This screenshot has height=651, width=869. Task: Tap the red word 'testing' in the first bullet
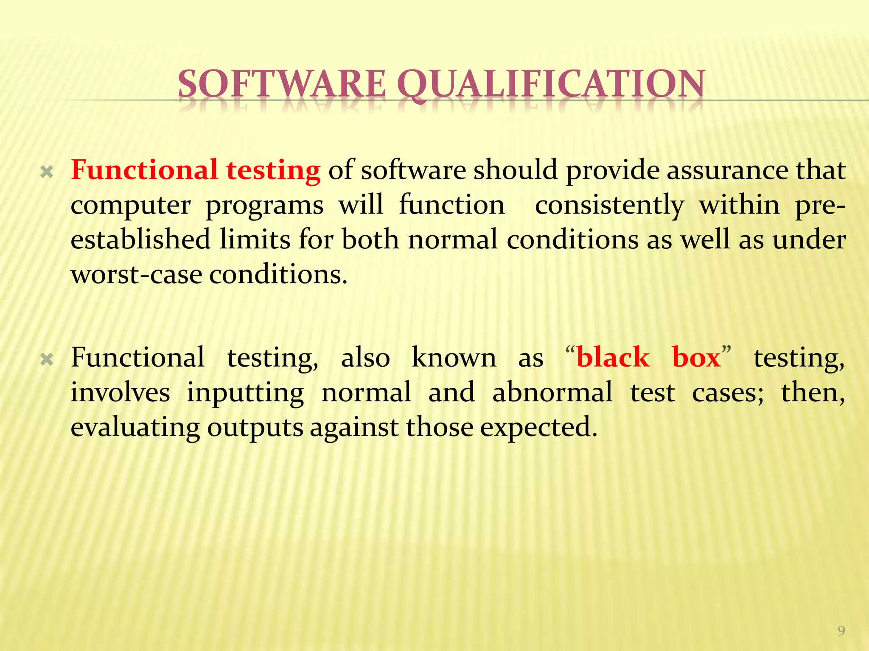(273, 171)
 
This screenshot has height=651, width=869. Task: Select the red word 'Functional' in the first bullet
(144, 170)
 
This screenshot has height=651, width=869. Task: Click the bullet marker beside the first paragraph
(47, 172)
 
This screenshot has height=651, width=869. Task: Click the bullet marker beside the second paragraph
(47, 360)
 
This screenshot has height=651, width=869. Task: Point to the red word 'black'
(613, 357)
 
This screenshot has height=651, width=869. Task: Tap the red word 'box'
(696, 357)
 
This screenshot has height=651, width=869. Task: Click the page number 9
(841, 631)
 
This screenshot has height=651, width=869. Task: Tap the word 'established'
(140, 239)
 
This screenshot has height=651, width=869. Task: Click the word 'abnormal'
(552, 392)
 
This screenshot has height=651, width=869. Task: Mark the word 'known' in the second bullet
(454, 357)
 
